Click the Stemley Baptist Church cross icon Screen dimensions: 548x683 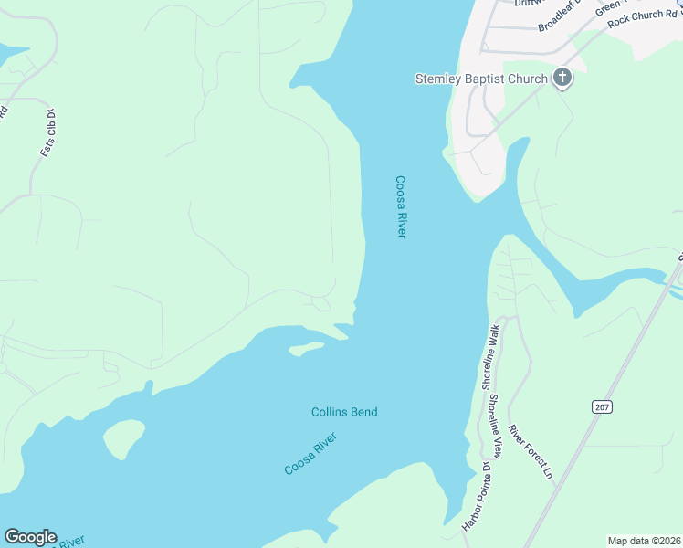(562, 79)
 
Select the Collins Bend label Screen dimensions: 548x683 (344, 412)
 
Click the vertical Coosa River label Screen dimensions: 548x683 (400, 207)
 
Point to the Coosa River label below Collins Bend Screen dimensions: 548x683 (310, 455)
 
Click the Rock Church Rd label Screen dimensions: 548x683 (644, 16)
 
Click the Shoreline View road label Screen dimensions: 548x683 (494, 426)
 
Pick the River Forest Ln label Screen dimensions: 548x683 (531, 452)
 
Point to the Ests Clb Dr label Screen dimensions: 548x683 (47, 133)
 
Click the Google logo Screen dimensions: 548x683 (30, 537)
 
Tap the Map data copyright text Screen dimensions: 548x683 (643, 541)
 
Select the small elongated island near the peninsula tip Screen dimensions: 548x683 (305, 348)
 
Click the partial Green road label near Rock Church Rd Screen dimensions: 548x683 (608, 7)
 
